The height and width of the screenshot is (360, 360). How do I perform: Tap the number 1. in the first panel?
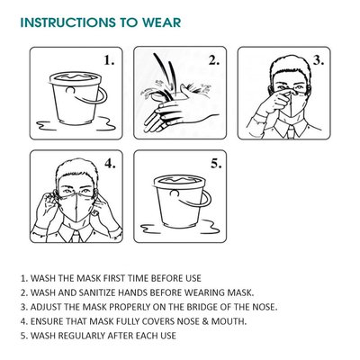[109, 60]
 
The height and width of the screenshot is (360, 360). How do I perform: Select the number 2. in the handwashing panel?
[214, 60]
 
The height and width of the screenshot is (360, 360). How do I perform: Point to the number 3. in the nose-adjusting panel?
[319, 60]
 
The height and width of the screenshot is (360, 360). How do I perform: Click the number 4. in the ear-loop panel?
[110, 164]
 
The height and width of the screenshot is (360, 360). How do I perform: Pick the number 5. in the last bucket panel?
[216, 164]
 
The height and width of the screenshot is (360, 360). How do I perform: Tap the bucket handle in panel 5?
[206, 201]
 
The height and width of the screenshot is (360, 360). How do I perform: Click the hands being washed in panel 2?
[177, 110]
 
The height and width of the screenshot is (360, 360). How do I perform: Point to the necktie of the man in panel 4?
[76, 236]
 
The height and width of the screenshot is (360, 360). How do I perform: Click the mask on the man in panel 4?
[76, 205]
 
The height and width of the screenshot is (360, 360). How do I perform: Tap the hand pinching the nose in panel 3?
[273, 103]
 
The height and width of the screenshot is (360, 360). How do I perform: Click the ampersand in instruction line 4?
[205, 321]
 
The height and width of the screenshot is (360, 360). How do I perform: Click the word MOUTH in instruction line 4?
[229, 321]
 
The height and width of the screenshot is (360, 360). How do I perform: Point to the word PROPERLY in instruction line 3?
[130, 307]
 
